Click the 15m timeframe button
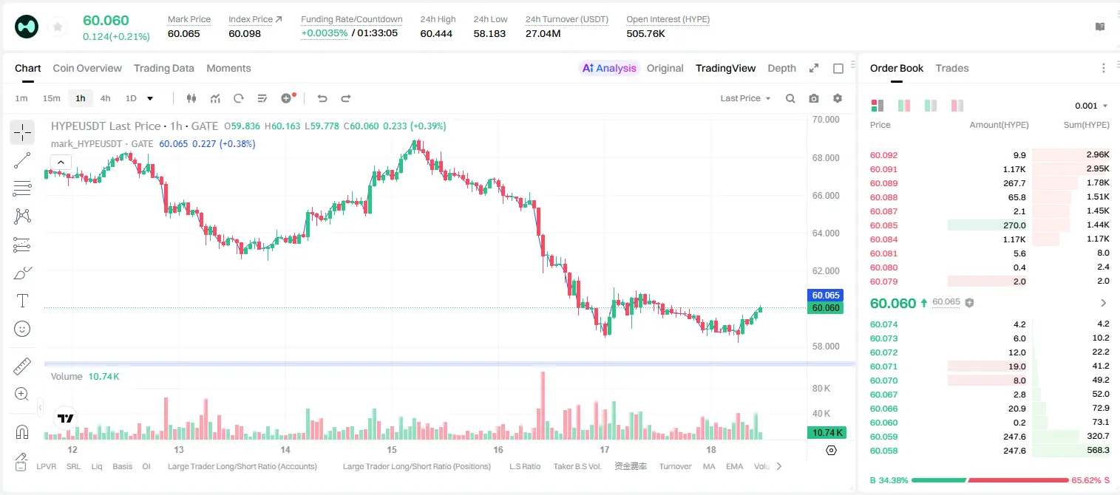(52, 98)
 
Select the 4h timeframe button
(105, 98)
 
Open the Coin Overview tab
(87, 69)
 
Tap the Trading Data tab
(163, 69)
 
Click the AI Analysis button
(609, 69)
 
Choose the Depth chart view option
(781, 69)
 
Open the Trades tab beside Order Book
(952, 69)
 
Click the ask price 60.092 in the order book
(883, 155)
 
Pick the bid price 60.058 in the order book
(883, 451)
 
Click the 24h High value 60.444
(436, 34)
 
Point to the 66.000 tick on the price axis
(826, 195)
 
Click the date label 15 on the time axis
(392, 449)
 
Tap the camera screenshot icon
(814, 98)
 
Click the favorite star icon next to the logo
(58, 27)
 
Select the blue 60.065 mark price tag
(826, 296)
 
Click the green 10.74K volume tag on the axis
(827, 432)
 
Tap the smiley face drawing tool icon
(22, 329)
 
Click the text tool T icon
(22, 301)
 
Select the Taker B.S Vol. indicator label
(577, 466)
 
